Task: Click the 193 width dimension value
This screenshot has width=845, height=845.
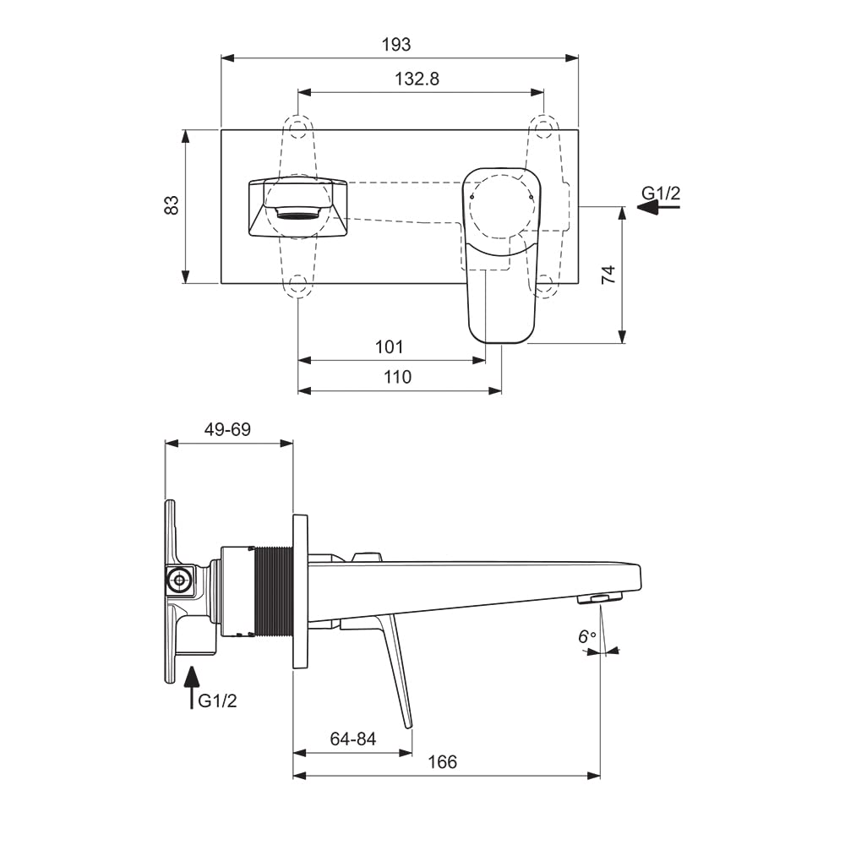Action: point(396,44)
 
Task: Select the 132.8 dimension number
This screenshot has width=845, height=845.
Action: point(417,79)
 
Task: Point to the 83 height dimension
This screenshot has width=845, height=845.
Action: point(172,205)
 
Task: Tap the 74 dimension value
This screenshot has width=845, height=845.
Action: point(608,275)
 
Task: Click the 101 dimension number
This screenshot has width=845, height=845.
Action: point(389,346)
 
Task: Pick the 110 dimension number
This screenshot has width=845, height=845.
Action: point(397,377)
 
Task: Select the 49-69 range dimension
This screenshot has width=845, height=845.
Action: point(227,429)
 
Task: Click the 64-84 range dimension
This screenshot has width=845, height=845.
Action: point(353,739)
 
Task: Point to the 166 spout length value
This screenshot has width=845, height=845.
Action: point(442,762)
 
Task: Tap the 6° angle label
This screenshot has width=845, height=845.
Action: point(587,636)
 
